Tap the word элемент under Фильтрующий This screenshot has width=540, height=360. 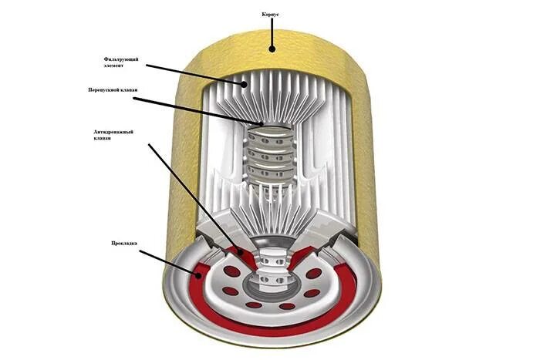[115, 67]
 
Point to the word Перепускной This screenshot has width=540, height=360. [105, 90]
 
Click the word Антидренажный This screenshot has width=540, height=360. [113, 131]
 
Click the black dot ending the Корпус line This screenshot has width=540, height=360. [272, 49]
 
